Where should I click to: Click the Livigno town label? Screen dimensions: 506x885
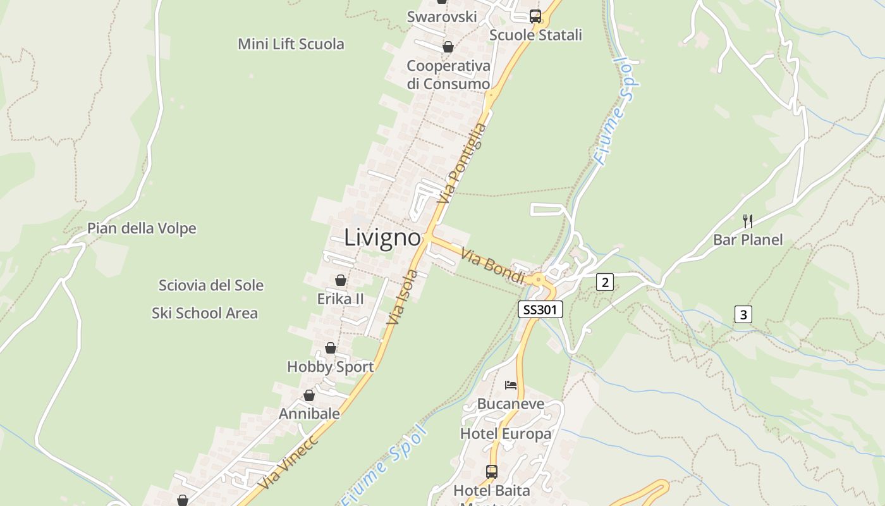382,238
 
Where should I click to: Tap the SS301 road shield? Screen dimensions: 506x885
540,309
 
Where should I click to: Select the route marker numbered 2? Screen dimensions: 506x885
604,282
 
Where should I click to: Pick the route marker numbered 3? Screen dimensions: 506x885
743,314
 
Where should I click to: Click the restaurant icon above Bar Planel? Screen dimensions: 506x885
747,221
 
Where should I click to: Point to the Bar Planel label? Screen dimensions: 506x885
747,240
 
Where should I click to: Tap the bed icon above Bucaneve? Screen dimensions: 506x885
511,385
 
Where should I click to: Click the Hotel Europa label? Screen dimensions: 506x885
506,434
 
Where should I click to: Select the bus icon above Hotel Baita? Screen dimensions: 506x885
491,471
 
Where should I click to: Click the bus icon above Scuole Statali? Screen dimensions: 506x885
535,16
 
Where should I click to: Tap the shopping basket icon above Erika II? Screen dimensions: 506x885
340,280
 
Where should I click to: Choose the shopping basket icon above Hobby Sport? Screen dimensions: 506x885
330,348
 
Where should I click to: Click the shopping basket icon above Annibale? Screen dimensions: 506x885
309,395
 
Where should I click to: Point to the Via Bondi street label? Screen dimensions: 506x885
492,266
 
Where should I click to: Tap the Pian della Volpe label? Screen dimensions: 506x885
142,228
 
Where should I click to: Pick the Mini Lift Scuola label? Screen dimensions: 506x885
291,44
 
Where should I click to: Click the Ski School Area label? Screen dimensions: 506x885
204,313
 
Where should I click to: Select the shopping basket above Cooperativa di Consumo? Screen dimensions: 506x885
448,47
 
